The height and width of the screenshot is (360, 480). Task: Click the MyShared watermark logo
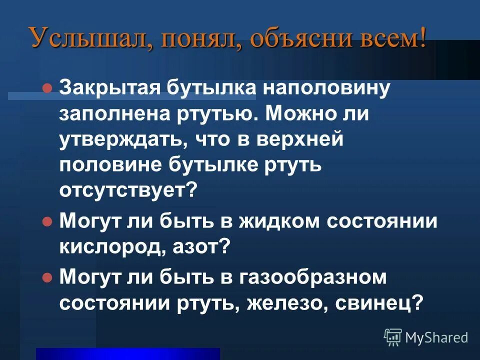coord(426,337)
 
